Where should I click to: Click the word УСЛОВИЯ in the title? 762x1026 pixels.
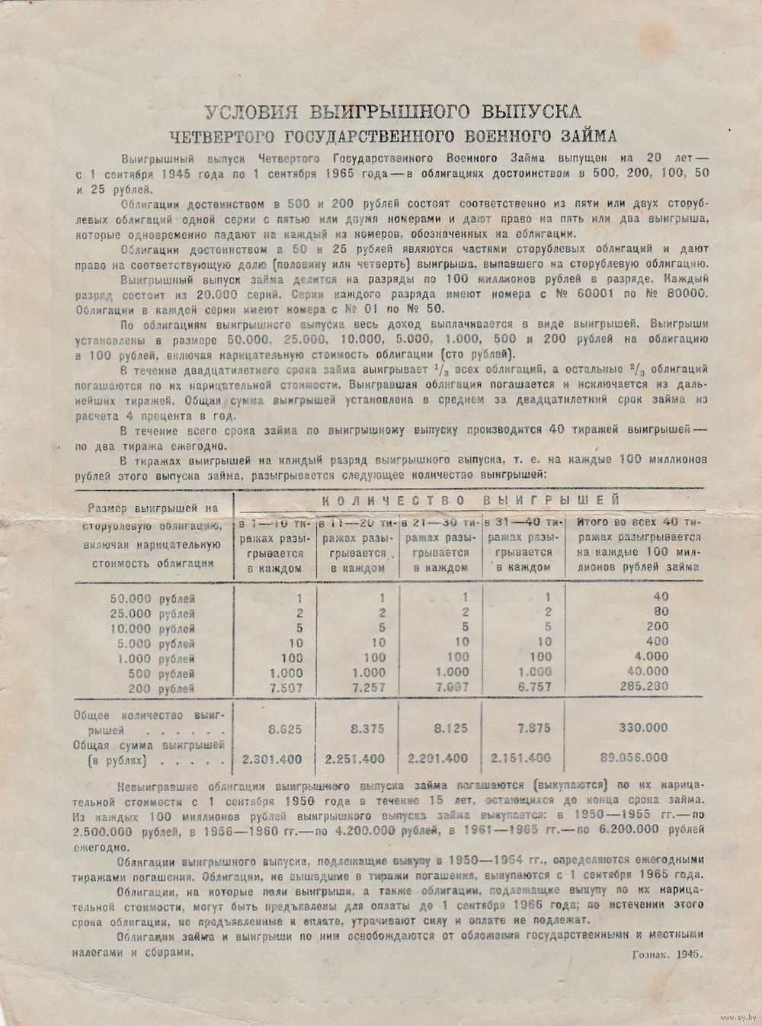tap(242, 111)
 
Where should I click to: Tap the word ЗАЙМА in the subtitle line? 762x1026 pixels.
tap(580, 136)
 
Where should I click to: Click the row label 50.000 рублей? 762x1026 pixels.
tap(152, 598)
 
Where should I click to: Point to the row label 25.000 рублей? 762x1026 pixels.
tap(152, 613)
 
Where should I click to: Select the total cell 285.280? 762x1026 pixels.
tap(644, 687)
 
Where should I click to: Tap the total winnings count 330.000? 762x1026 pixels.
tap(644, 728)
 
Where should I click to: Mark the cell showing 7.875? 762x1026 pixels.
tap(532, 728)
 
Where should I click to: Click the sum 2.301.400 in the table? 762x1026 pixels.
tap(272, 758)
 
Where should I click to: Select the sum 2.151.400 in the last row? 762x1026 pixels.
tap(521, 758)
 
